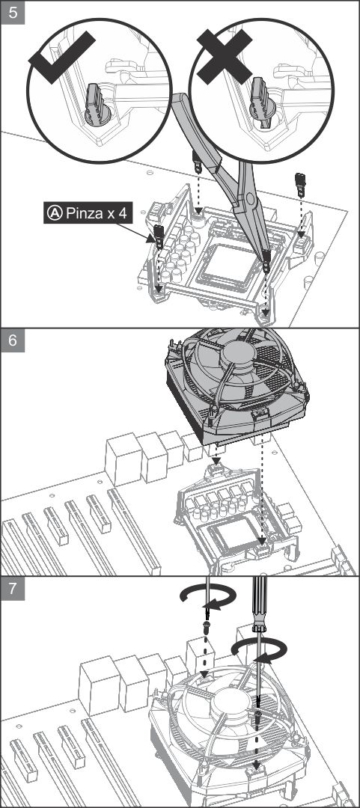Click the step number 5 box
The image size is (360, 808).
coord(13,13)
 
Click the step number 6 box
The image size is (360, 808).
coord(13,340)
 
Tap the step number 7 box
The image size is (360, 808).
coord(13,588)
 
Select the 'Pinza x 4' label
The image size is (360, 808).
coord(87,212)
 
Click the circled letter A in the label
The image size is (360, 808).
coord(54,212)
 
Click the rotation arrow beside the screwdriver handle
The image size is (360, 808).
coord(256,649)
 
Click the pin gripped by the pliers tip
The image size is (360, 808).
coord(266,261)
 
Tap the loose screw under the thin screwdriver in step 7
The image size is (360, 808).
coord(207,628)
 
